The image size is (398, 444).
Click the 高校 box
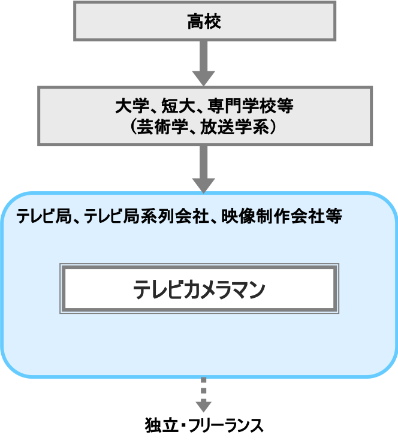click(x=204, y=21)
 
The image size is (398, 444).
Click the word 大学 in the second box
click(x=129, y=107)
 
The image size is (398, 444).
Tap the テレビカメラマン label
click(x=199, y=290)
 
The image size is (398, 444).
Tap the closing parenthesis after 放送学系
click(x=273, y=127)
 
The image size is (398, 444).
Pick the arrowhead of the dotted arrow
click(x=204, y=406)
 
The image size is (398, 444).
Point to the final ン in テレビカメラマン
click(x=257, y=290)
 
